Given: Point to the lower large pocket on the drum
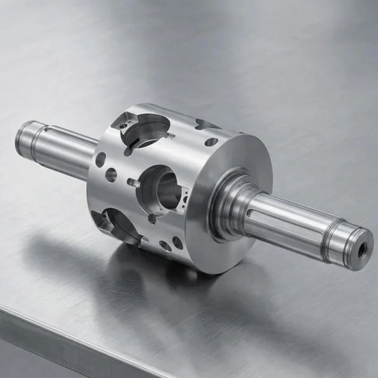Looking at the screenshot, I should (x=118, y=224).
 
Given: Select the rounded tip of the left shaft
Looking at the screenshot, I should (x=20, y=138).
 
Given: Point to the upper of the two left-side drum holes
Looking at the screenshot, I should (x=100, y=159).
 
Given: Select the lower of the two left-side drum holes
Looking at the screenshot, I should (x=111, y=175).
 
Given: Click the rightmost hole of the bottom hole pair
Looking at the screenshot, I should (x=178, y=242).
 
